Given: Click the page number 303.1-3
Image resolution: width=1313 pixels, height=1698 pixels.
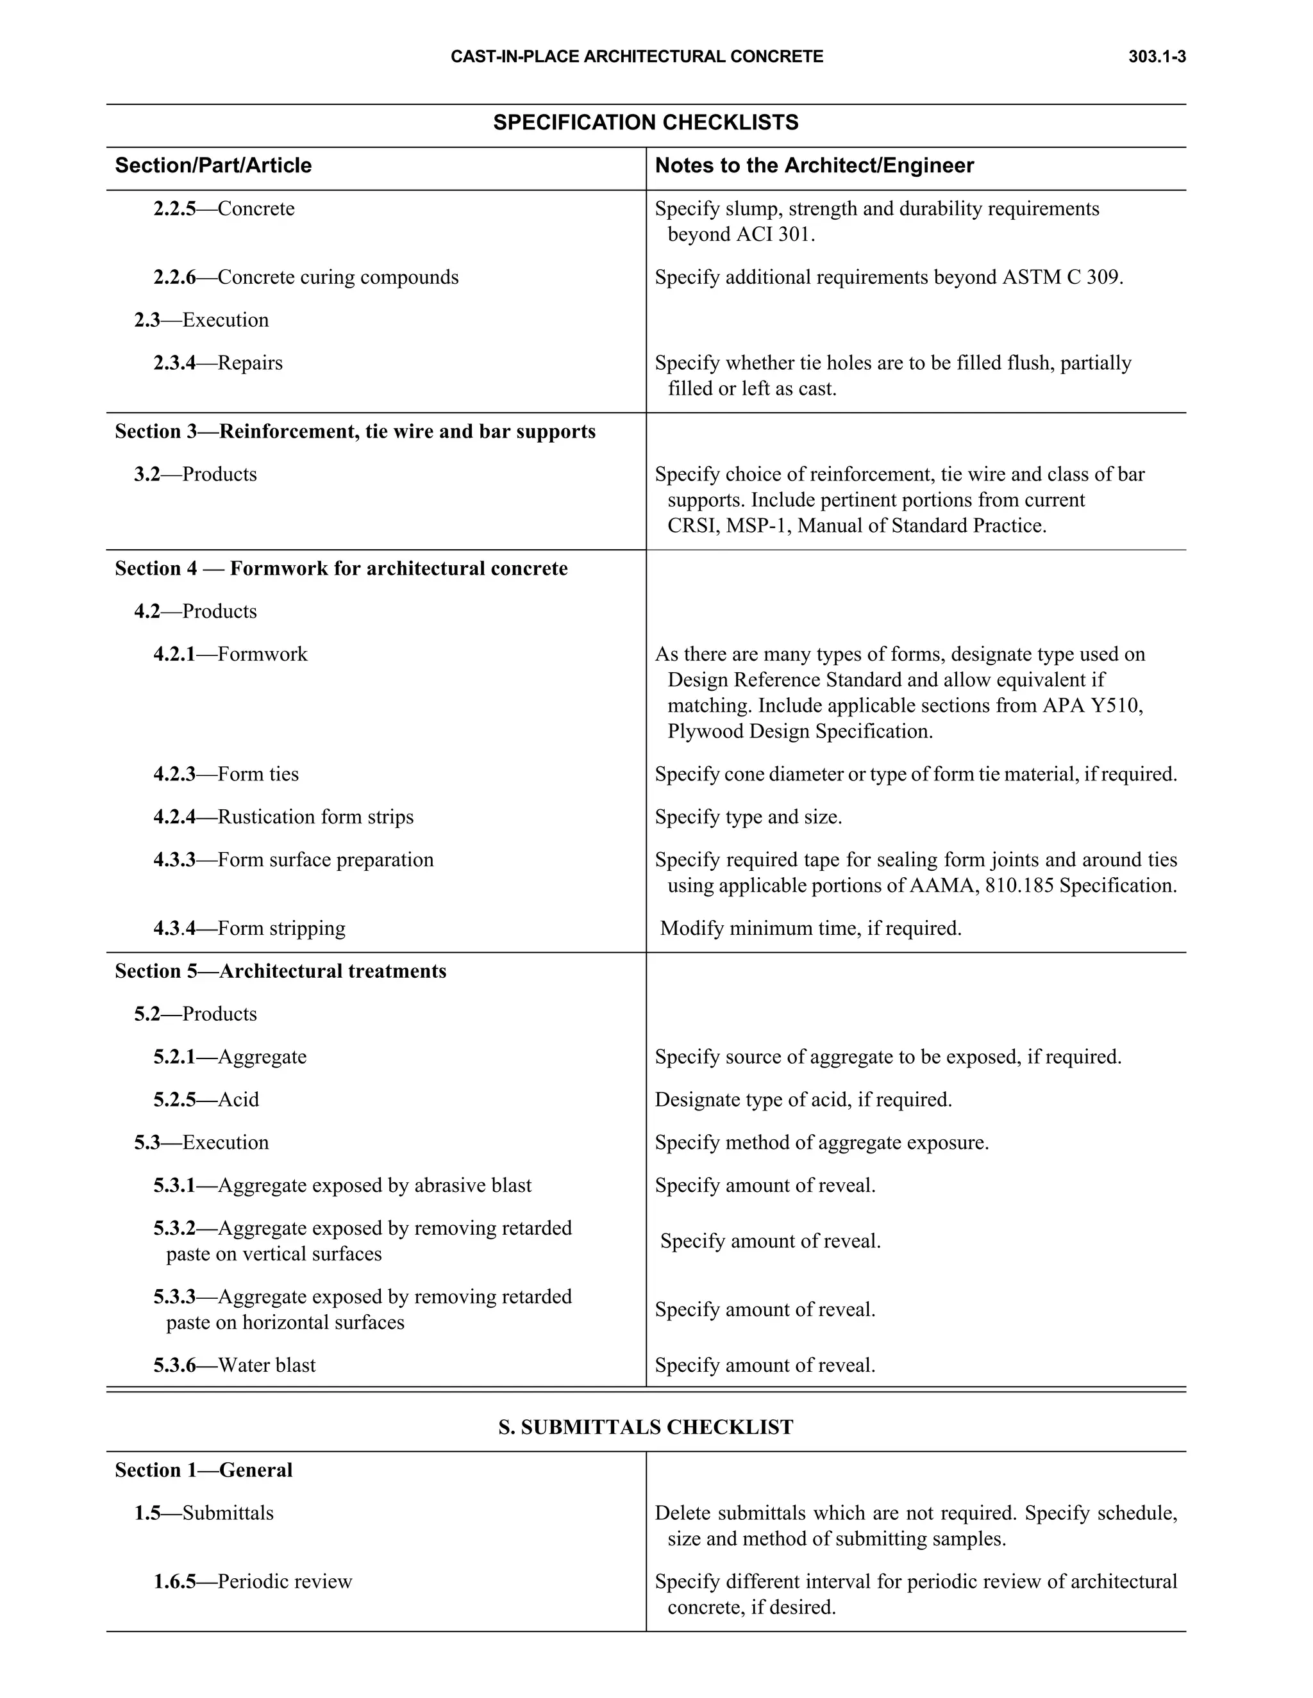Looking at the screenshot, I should [1157, 57].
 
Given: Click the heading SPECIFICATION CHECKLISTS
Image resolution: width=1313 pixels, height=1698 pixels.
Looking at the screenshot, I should [646, 123].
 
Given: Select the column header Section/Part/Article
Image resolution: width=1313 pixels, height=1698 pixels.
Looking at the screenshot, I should [213, 165].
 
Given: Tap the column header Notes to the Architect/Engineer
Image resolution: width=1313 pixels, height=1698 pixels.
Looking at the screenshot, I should [814, 165].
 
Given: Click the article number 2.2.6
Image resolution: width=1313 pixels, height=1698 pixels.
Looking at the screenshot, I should [174, 277].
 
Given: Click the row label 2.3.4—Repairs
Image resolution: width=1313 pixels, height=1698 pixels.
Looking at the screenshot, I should [218, 363].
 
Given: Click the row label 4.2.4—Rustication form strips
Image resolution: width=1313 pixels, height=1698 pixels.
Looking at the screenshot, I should [283, 817].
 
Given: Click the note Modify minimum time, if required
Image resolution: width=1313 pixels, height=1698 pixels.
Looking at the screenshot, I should [810, 929].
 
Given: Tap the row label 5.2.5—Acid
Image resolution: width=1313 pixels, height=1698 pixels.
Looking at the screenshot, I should [206, 1100].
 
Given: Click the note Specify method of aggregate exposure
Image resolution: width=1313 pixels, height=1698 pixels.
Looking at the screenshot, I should [821, 1143].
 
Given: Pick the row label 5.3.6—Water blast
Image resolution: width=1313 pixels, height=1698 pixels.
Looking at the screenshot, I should [234, 1366].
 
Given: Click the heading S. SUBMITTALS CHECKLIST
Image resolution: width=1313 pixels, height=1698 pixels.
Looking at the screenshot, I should [646, 1428].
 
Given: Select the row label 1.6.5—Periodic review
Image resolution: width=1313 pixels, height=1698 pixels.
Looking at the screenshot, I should [253, 1582].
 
